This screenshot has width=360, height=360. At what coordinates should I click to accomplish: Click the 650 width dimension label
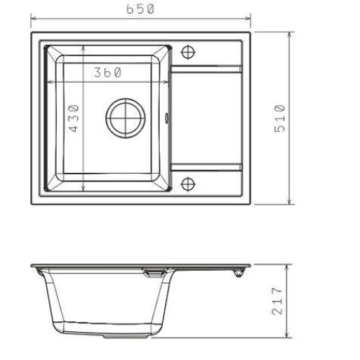[140, 9]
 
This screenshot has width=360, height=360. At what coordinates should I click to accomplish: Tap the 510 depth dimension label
[279, 118]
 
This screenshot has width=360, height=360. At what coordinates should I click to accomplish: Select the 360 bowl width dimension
[108, 72]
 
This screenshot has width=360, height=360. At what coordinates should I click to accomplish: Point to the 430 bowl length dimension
[73, 118]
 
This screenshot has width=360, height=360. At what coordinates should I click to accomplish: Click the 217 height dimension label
[277, 301]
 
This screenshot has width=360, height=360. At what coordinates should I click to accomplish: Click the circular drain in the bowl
[125, 118]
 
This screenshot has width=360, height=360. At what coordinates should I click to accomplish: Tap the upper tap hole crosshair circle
[188, 52]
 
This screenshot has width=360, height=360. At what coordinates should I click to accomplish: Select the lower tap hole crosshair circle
[188, 184]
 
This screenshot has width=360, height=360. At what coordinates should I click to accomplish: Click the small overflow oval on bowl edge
[166, 118]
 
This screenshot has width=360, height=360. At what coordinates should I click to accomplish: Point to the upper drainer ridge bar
[206, 69]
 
